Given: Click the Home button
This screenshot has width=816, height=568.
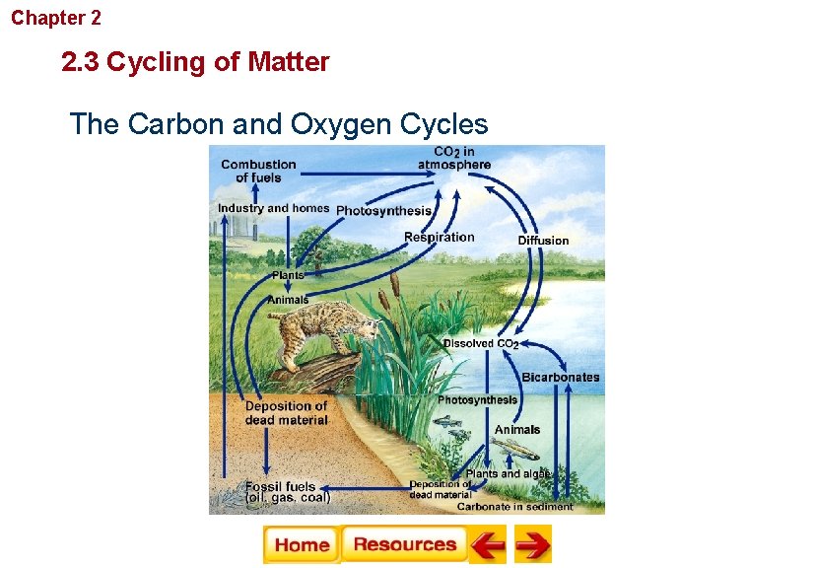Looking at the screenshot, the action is (x=302, y=544).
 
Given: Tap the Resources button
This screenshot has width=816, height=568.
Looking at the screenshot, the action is (x=404, y=544).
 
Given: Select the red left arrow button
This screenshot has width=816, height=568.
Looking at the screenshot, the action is (x=487, y=544).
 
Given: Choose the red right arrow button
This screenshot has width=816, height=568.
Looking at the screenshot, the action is (x=532, y=544).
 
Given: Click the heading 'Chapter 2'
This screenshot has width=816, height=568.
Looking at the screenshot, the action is (x=56, y=18).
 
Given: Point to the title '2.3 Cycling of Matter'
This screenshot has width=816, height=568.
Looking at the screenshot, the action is (x=195, y=63).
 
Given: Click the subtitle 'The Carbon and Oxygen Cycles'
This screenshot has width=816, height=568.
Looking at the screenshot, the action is (x=279, y=124).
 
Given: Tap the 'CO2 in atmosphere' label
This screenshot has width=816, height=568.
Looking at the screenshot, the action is (x=453, y=159).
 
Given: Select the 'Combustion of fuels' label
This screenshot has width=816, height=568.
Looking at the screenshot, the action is (x=258, y=171).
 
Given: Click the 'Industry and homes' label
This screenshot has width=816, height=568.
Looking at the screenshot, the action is (x=273, y=208).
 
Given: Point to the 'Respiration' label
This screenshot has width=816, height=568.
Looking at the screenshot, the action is (x=439, y=237).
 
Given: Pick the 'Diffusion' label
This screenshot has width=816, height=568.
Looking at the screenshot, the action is (x=543, y=241).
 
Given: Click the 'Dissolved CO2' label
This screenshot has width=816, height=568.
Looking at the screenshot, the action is (x=480, y=344).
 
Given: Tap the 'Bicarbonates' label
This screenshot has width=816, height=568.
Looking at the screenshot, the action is (x=560, y=378).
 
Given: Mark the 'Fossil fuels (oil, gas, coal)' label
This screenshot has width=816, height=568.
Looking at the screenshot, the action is (x=287, y=492).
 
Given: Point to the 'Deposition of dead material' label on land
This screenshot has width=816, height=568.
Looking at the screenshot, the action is (x=286, y=412).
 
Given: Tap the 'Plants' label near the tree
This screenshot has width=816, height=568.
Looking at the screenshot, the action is (x=288, y=275).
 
